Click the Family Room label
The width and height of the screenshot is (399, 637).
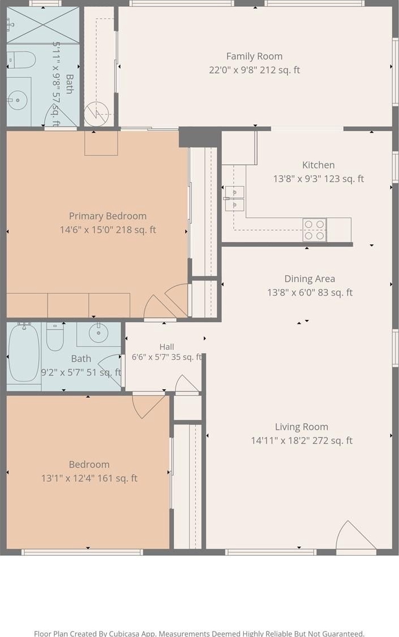[x=255, y=56]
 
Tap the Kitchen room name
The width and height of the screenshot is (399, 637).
[x=318, y=165]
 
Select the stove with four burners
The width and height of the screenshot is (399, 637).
[x=314, y=230]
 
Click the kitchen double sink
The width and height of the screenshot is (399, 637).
[x=234, y=199]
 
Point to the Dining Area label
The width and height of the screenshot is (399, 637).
[x=310, y=279]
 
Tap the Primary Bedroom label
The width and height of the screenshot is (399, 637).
[x=108, y=216]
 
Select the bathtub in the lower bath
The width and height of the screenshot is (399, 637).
[x=24, y=352]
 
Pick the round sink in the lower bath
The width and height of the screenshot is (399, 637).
[x=98, y=334]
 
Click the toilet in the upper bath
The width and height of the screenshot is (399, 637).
[x=21, y=60]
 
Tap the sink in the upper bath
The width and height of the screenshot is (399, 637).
[x=17, y=99]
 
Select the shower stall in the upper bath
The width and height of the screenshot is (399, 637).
[x=43, y=25]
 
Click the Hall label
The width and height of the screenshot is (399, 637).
[x=166, y=347]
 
